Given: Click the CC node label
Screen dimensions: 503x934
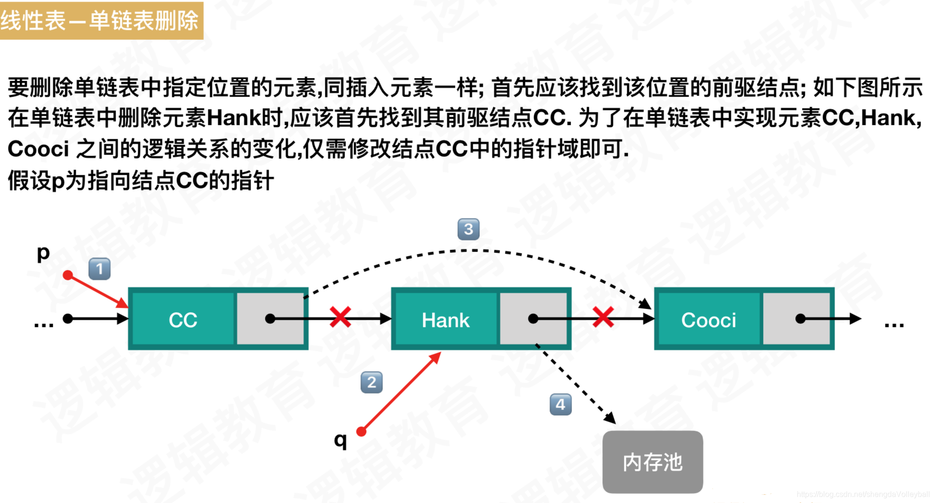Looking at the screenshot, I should coord(183,320).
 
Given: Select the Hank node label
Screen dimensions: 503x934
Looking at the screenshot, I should coord(445,320).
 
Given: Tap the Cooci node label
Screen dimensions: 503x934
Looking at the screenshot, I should coord(708,320).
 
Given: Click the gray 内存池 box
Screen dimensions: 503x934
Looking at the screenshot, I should coord(652,462).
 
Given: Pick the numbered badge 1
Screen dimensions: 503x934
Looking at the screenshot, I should coord(99,269).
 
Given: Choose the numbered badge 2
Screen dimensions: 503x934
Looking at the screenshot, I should coord(371,383).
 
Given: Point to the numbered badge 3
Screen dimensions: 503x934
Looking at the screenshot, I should coord(468,229).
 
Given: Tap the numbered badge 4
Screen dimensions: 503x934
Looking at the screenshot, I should coord(560,404).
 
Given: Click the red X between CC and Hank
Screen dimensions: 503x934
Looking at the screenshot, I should coord(340,318).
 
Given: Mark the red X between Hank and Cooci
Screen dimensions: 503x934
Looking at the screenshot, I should coord(603,318).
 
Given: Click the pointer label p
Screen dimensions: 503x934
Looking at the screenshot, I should coord(43,253).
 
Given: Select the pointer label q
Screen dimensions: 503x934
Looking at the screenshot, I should coord(340,439).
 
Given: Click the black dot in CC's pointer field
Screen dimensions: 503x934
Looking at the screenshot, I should coord(270,319).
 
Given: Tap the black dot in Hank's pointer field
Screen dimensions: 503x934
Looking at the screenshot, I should coord(533,319).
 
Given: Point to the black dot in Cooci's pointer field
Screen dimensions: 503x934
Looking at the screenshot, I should coord(800,319).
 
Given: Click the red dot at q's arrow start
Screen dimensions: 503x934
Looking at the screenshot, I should coord(362,432).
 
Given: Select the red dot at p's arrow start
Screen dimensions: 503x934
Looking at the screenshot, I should coord(68,275).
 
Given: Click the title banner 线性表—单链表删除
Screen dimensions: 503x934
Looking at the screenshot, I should coord(101,20).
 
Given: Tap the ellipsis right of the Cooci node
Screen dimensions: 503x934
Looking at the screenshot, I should coord(894,325).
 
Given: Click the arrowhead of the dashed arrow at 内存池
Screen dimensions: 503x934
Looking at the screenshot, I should coord(611,419).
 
